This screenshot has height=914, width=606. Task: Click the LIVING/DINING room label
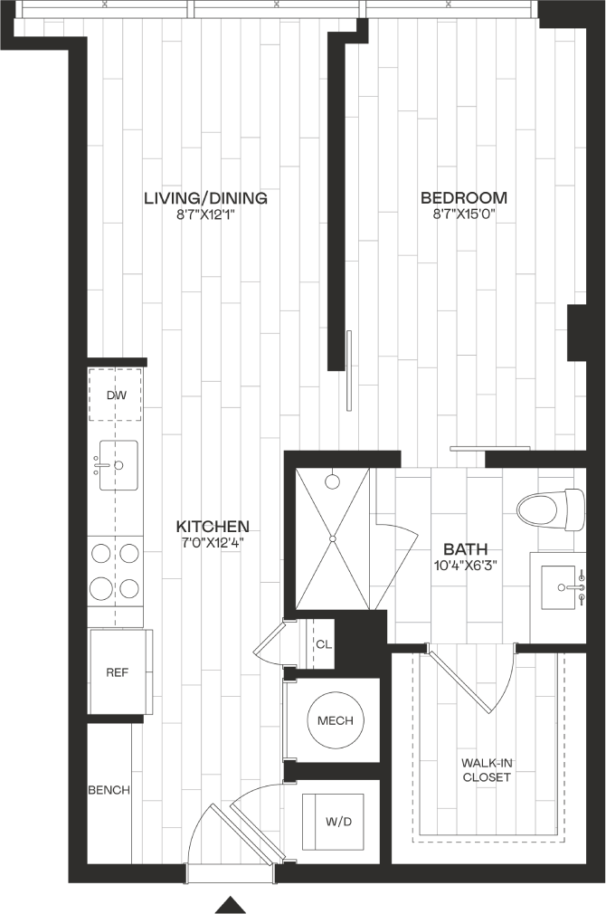[x=205, y=198]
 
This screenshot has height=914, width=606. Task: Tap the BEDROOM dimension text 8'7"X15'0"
[x=464, y=214]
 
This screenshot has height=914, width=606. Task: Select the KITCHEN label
[x=213, y=527]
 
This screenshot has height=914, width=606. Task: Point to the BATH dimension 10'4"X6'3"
[x=465, y=565]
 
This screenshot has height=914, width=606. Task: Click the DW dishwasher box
[x=116, y=395]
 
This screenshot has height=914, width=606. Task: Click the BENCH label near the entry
[x=109, y=790]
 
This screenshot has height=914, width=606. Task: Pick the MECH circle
[x=335, y=720]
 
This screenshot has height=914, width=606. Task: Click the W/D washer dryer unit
[x=333, y=822]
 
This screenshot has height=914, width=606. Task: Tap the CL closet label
[x=324, y=644]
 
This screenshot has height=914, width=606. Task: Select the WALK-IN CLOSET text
[x=487, y=769]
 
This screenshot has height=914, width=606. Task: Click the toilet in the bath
[x=551, y=509]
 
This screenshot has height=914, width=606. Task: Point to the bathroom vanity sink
[x=563, y=589]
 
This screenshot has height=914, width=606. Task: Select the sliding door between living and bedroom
[x=349, y=371]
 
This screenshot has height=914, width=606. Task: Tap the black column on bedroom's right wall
[x=577, y=332]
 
